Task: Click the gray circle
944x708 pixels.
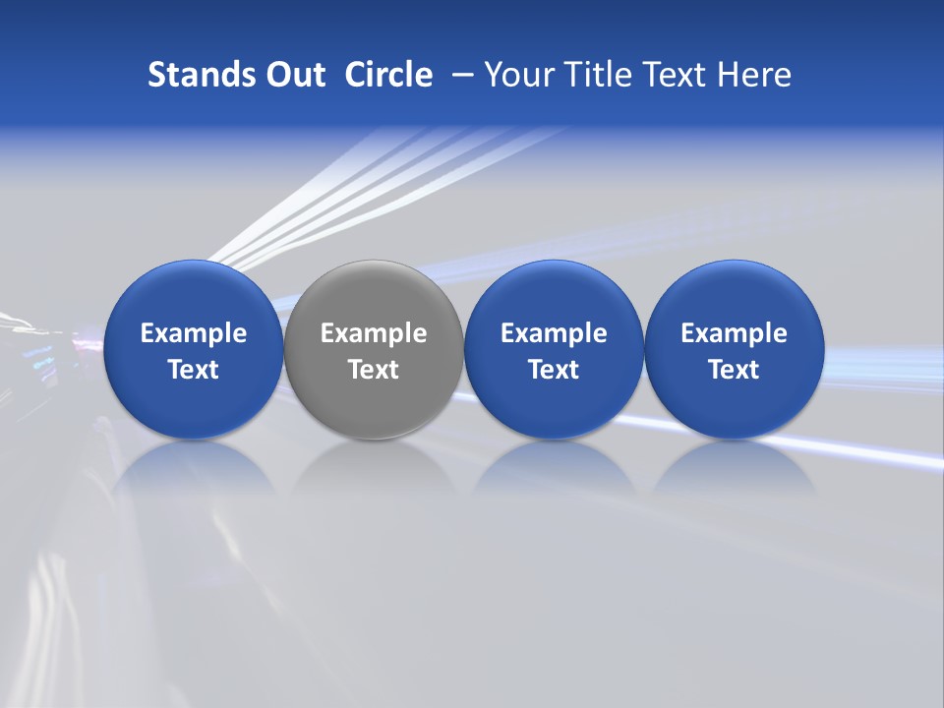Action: tap(374, 349)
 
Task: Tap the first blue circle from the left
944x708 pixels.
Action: tap(193, 349)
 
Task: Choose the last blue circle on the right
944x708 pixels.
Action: tap(734, 349)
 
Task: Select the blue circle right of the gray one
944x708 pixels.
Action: tap(554, 349)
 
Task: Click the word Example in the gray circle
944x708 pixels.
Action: tap(374, 333)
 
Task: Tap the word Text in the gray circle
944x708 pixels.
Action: tap(374, 370)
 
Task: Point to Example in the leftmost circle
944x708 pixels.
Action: tap(194, 333)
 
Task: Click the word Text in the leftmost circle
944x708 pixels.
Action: tap(194, 370)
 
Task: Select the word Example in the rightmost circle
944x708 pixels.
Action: tap(734, 333)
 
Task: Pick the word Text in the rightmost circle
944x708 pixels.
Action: tap(734, 370)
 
